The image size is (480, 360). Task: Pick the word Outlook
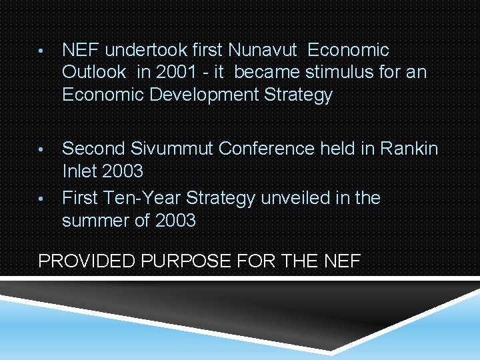(x=94, y=73)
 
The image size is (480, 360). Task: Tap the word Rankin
(x=409, y=149)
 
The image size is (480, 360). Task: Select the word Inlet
(x=78, y=171)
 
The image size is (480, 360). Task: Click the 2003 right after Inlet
(x=123, y=171)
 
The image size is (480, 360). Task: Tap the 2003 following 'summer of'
(x=175, y=221)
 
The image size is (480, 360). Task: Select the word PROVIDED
(x=87, y=261)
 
